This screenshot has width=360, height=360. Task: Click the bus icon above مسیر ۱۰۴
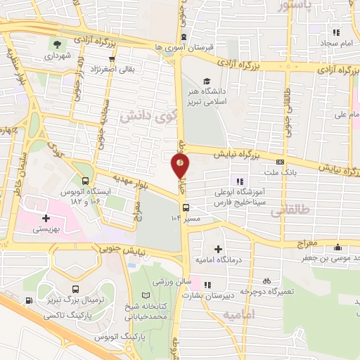pos(186,207)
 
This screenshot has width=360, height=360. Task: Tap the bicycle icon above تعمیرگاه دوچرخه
pos(266,280)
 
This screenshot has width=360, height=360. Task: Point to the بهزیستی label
pos(47,230)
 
